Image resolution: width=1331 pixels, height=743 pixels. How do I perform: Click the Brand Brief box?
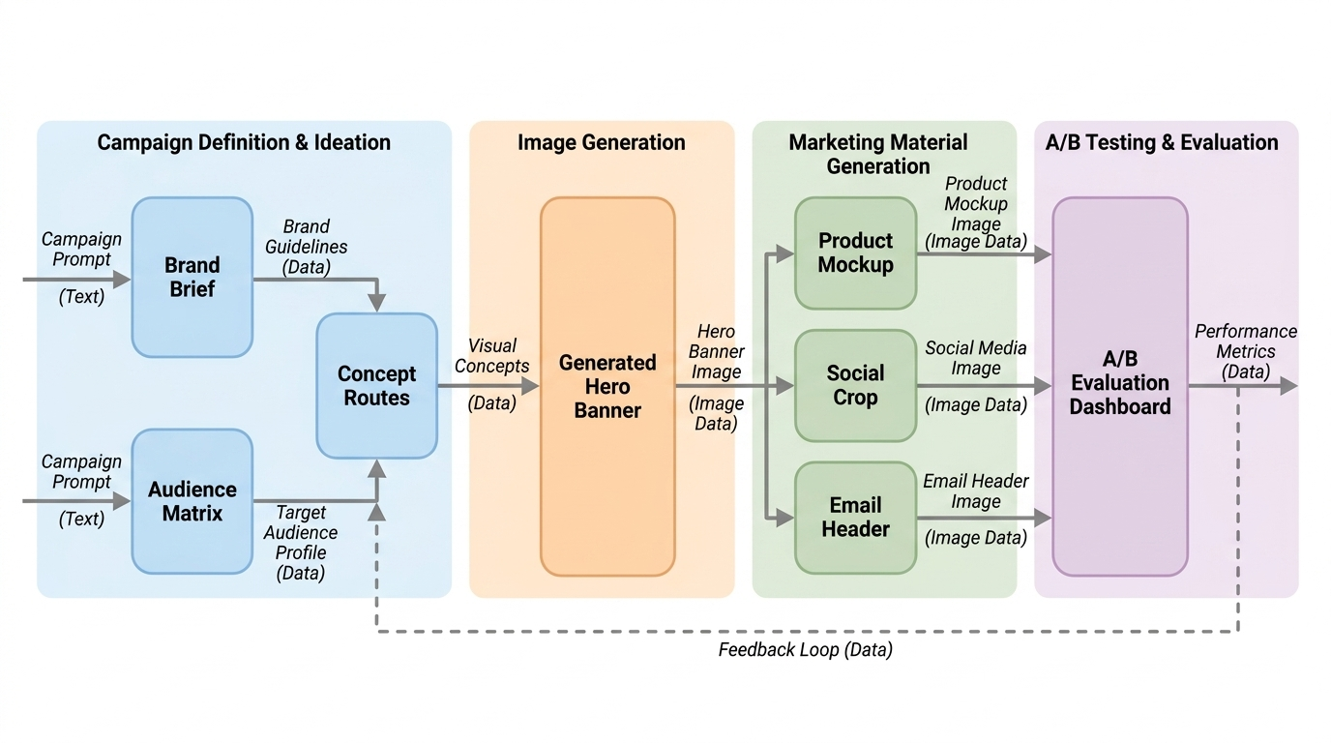pos(192,277)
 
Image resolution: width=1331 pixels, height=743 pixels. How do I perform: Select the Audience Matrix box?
pos(192,501)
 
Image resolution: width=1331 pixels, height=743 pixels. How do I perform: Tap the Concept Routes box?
pos(376,386)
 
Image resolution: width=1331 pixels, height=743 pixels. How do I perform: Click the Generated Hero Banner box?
pos(607,386)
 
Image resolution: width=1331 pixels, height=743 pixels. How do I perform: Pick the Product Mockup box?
pos(856,253)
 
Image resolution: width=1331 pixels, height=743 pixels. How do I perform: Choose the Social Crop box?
pos(856,385)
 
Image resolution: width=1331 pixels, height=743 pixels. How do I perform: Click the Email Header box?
pos(856,518)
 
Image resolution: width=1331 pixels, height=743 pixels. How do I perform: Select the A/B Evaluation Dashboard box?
pos(1120,386)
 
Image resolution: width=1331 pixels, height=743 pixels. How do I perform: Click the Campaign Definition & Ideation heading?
pos(244,142)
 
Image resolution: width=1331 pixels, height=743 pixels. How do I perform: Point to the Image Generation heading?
pos(602,142)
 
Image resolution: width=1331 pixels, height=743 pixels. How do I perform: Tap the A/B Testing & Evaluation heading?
pos(1162,142)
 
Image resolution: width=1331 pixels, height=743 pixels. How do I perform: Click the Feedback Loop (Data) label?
pos(805,650)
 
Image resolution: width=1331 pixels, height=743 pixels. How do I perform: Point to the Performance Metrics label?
pos(1246,342)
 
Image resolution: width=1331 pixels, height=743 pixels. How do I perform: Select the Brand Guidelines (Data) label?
pos(306,247)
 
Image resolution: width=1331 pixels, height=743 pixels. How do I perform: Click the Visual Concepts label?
pos(492,355)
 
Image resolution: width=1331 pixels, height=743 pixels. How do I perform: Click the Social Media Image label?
pos(976,358)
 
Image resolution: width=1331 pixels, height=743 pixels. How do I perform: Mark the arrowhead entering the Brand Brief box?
pos(121,280)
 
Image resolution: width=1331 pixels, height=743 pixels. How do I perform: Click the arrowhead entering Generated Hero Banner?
pos(530,386)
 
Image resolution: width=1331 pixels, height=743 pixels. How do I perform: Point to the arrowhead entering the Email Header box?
pos(784,519)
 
